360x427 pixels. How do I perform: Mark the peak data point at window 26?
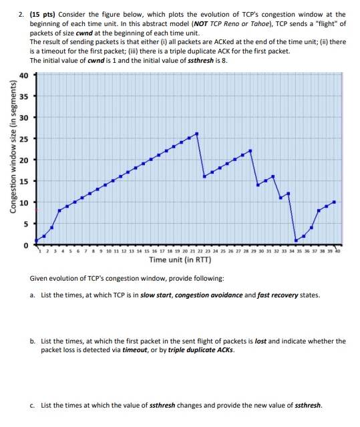click(x=197, y=134)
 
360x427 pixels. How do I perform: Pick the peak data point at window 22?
click(x=250, y=151)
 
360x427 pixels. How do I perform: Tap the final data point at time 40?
click(x=334, y=202)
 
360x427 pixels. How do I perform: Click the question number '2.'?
click(x=21, y=14)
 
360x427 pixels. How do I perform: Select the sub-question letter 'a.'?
click(x=33, y=295)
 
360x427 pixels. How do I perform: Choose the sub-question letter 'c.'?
click(x=33, y=405)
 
